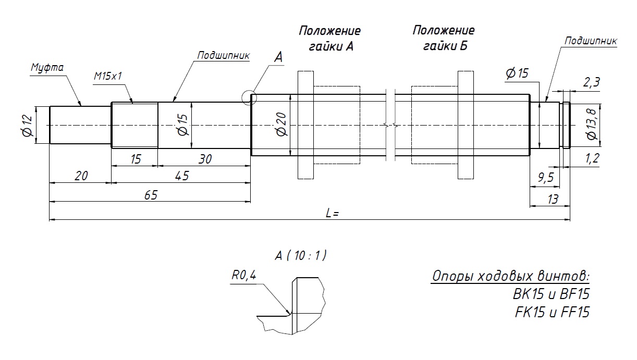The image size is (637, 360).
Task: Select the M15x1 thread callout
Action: coord(107,76)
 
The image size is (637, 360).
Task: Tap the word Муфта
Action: coord(47,68)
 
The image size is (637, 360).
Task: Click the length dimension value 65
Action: coord(150,195)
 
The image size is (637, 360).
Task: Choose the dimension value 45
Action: coord(181,177)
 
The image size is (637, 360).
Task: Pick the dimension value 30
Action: coord(205,159)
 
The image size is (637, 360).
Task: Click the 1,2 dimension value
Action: coord(592,159)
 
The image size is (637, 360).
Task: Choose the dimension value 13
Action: coord(553,198)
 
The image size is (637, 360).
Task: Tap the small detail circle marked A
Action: coord(250,97)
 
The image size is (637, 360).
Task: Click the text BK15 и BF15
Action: coord(551,294)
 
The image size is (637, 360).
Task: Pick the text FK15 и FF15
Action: coord(552,312)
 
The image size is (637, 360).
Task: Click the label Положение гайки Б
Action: coord(444,38)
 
